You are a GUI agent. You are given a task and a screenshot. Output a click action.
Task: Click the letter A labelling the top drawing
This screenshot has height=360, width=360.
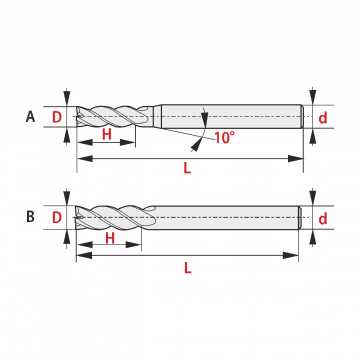[30, 117]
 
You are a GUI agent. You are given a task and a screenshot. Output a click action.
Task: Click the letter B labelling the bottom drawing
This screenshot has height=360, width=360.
[30, 217]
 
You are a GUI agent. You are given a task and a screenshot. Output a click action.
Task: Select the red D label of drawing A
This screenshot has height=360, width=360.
[57, 117]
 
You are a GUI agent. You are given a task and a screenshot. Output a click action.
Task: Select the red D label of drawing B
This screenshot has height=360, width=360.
[57, 218]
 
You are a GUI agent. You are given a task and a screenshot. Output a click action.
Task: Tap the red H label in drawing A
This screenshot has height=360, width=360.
[107, 135]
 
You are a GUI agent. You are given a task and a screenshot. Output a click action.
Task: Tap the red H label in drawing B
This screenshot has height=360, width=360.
[110, 238]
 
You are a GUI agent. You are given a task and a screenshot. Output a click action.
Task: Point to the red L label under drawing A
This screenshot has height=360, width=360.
[187, 168]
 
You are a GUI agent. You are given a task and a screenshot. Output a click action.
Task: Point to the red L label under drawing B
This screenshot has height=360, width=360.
[188, 268]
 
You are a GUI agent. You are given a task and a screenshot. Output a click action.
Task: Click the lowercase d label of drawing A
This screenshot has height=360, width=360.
[323, 118]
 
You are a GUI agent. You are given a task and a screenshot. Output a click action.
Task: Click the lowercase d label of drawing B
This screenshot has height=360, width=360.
[323, 219]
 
